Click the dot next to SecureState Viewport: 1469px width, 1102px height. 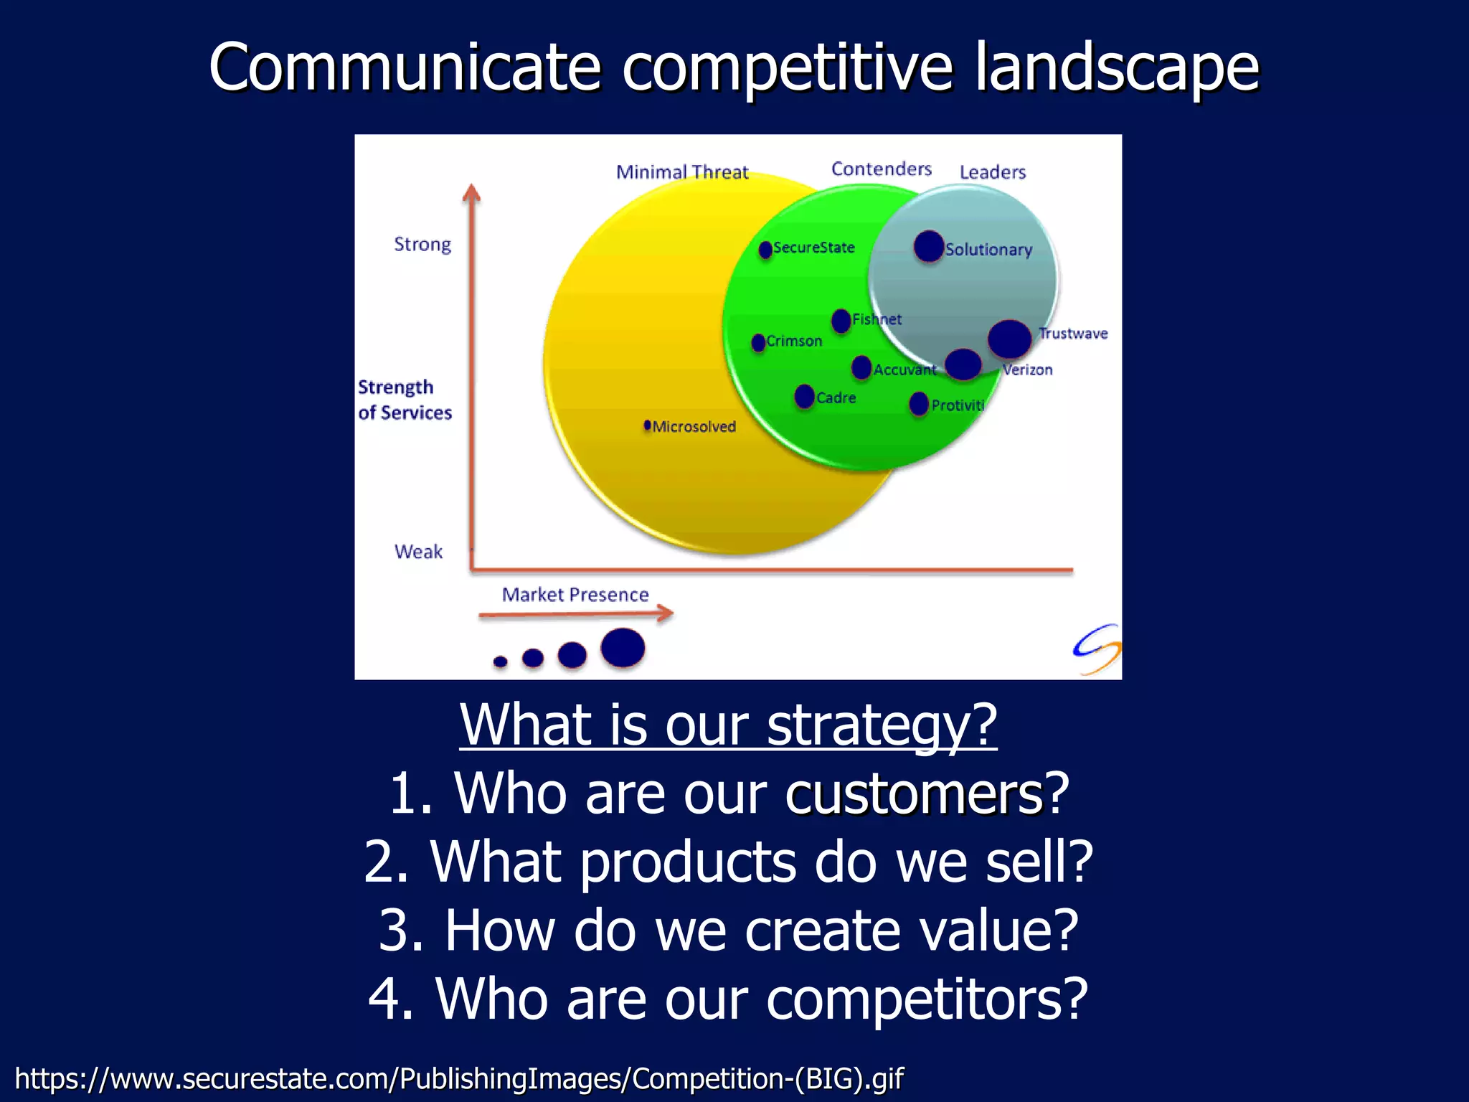point(765,249)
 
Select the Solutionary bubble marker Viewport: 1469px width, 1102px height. point(929,246)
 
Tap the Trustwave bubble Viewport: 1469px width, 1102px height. point(1009,339)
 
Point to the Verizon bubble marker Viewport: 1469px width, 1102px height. point(963,364)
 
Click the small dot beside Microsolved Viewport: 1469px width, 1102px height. point(648,425)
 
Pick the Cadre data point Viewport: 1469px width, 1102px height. point(805,396)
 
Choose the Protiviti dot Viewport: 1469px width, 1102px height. point(919,403)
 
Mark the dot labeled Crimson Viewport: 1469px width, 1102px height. point(758,342)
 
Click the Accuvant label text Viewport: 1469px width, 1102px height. point(904,369)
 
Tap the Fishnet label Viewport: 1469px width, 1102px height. point(877,319)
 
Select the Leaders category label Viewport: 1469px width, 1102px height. point(993,172)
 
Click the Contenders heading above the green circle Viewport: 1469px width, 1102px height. point(882,169)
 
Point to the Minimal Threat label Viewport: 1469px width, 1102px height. point(682,172)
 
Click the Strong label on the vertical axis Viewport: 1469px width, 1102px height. point(422,245)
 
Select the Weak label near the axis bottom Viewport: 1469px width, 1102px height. point(418,552)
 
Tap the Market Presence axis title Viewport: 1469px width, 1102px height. point(575,595)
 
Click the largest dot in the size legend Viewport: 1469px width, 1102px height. point(623,647)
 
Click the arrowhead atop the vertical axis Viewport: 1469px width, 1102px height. point(471,193)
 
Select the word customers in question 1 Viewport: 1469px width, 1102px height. point(914,794)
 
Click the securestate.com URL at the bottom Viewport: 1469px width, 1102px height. point(459,1078)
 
